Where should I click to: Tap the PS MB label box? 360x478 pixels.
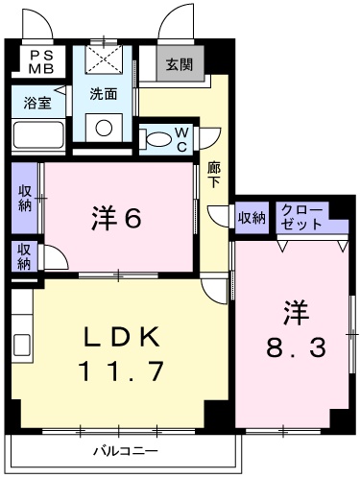41,62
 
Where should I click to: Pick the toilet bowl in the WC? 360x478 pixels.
154,139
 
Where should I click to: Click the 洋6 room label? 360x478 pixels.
117,219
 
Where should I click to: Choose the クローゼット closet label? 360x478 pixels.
300,217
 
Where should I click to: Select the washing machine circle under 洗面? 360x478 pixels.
105,127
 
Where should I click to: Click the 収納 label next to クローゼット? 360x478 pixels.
252,218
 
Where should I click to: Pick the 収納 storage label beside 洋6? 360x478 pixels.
25,196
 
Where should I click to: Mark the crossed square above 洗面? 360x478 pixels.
104,60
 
